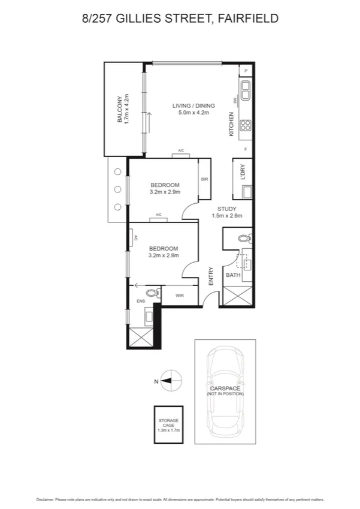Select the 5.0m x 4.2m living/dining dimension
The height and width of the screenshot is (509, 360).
click(x=190, y=113)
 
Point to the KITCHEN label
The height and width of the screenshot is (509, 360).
click(x=231, y=124)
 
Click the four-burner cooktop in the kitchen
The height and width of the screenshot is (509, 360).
click(x=246, y=125)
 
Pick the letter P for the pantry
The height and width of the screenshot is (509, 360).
click(x=246, y=71)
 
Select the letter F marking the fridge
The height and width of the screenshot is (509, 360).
click(x=245, y=148)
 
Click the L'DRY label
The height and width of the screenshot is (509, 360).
click(x=243, y=172)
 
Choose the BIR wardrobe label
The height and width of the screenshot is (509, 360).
click(x=204, y=179)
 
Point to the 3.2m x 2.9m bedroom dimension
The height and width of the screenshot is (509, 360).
click(x=165, y=192)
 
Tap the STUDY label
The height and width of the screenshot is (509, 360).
click(x=227, y=209)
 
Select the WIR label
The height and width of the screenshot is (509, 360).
click(x=180, y=296)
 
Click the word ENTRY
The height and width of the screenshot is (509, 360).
click(x=211, y=276)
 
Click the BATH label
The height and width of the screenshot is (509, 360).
click(x=232, y=275)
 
